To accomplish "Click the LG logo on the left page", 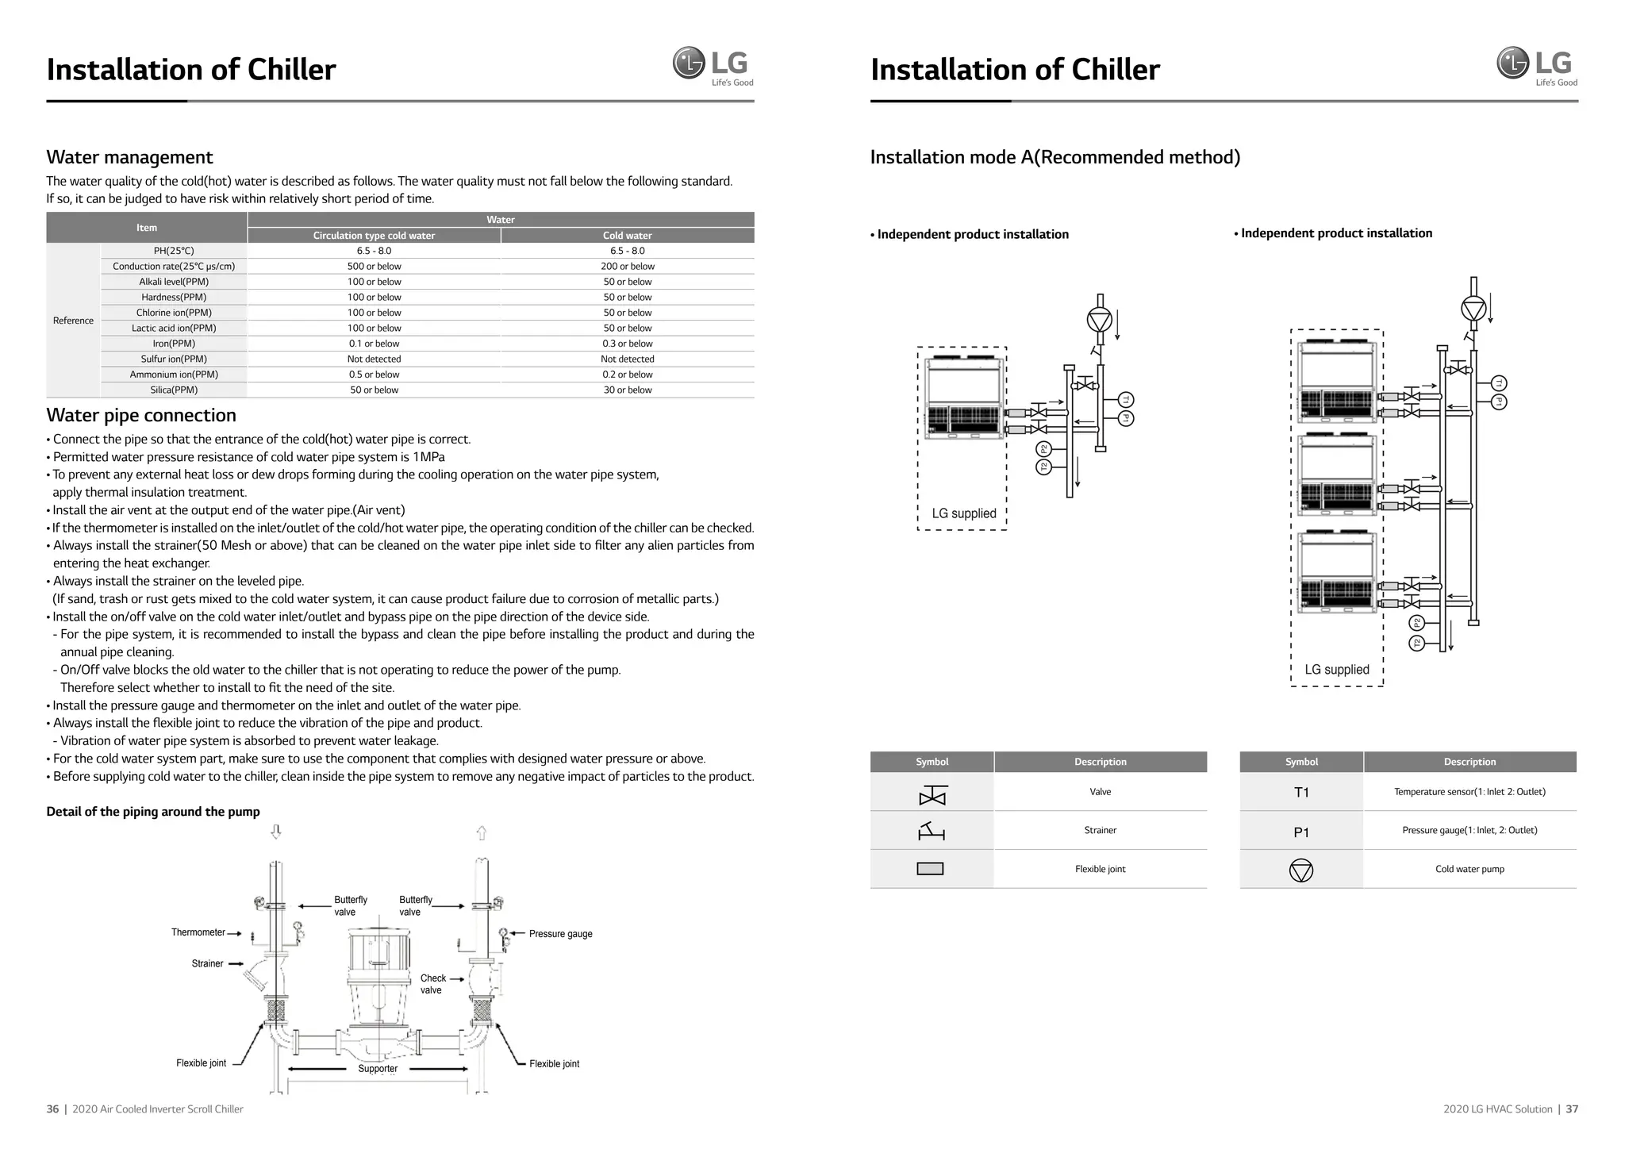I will click(713, 65).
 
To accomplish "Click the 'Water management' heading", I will click(129, 157).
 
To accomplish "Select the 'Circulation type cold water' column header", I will click(374, 236).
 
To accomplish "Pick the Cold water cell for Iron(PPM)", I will click(627, 344).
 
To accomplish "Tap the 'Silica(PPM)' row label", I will click(174, 390).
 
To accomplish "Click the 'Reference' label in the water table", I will click(73, 321).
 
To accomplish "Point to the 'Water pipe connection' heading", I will click(141, 415).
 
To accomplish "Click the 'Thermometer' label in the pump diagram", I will click(198, 932).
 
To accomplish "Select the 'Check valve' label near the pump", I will click(432, 984).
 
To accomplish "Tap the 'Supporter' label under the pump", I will click(378, 1069).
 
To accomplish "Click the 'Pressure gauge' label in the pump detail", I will click(560, 934).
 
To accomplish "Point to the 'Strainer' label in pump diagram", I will click(207, 963).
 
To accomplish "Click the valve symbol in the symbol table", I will click(932, 796).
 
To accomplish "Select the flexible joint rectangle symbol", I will click(930, 869).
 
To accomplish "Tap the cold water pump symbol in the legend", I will click(1301, 870).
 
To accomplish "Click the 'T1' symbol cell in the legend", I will click(1301, 793).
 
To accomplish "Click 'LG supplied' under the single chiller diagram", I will click(964, 513).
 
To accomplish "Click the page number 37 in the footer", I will click(1572, 1109).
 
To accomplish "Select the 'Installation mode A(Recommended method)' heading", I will click(1055, 157).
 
